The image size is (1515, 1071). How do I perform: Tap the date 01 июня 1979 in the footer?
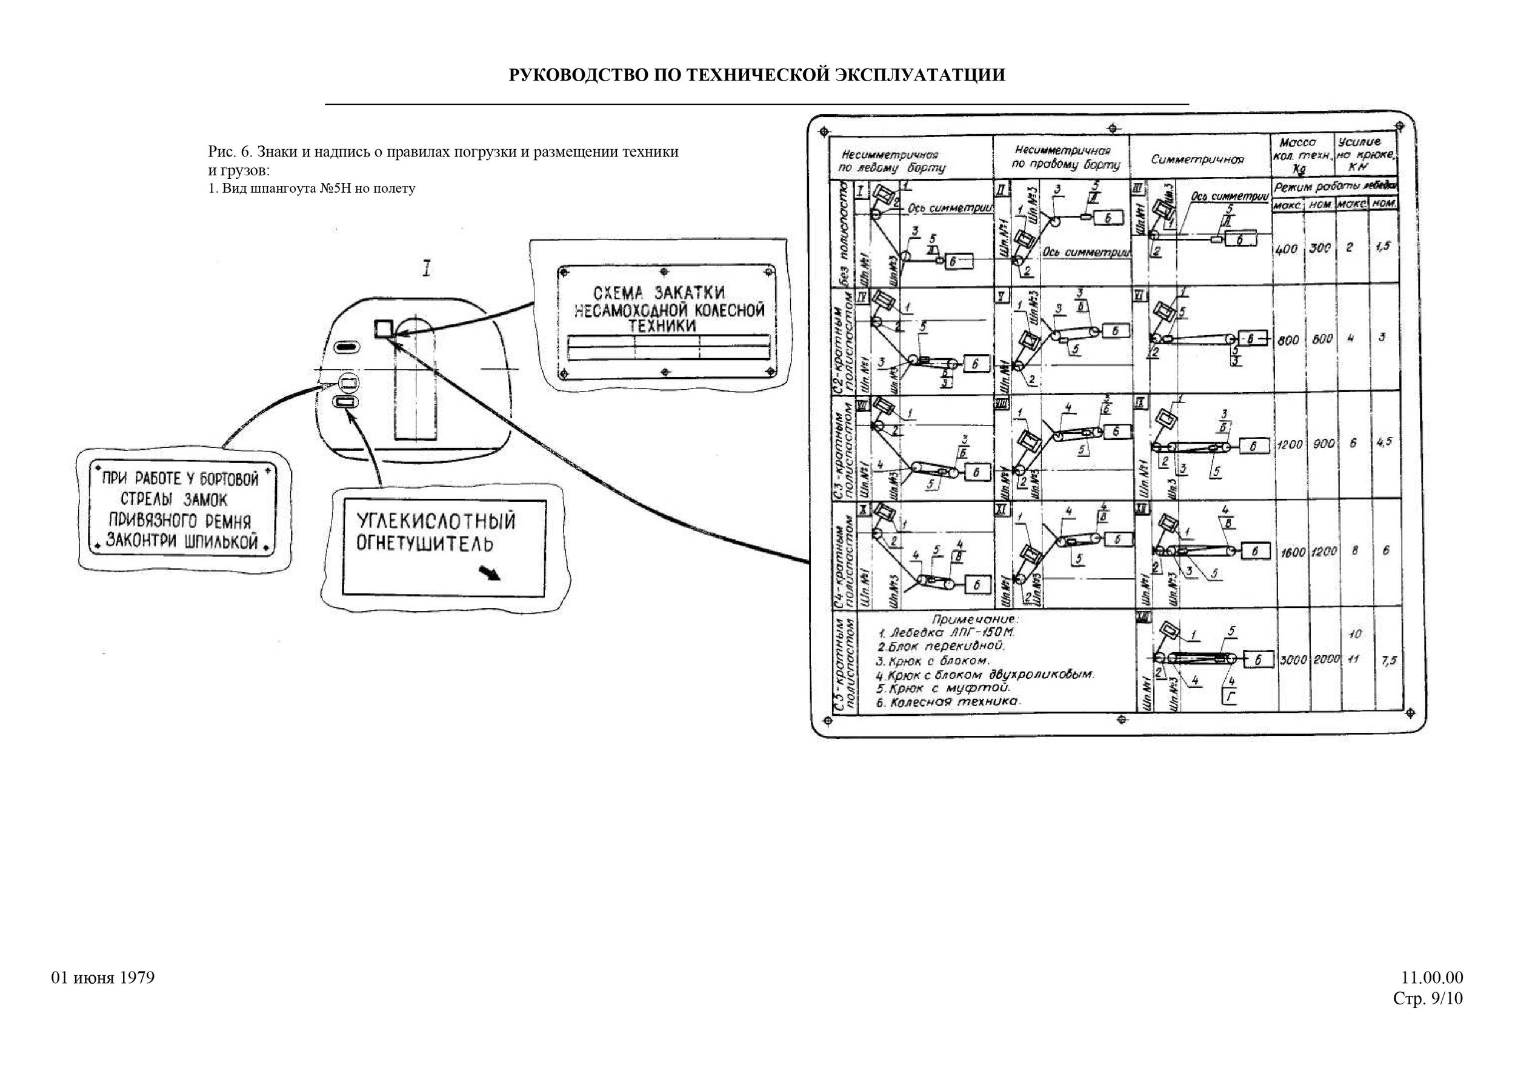pos(103,978)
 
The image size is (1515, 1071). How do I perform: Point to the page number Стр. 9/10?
pos(1427,999)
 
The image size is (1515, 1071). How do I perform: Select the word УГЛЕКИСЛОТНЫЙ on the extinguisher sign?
pos(436,521)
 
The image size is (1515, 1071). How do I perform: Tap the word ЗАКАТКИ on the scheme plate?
pos(690,293)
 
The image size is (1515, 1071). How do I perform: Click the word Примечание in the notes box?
pos(975,619)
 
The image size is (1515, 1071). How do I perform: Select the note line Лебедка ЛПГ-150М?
pos(941,632)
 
